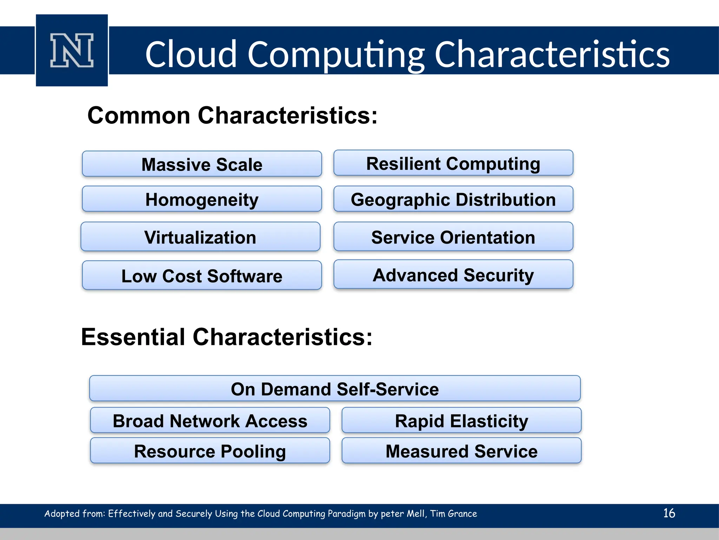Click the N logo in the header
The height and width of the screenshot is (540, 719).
pos(72,50)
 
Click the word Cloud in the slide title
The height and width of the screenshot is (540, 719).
pos(191,54)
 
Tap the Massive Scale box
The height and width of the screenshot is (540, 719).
pos(202,164)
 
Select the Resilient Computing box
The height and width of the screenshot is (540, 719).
pos(453,163)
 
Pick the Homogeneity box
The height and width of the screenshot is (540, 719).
pos(202,199)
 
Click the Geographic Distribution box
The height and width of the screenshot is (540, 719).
pos(453,199)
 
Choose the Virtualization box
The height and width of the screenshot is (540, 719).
pos(200,237)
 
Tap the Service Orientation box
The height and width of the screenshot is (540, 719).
pos(453,237)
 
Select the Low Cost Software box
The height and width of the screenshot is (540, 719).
pos(202,276)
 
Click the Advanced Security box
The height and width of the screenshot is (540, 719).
pos(453,275)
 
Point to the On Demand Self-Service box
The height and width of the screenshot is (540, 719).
pos(335,389)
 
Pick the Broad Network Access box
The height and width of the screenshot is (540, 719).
pos(210,420)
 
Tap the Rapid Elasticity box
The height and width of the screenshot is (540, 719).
pos(461,420)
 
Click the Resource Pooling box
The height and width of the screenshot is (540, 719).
pos(210,451)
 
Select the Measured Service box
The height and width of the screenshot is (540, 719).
pos(461,451)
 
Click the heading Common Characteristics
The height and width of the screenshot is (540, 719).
pos(232,115)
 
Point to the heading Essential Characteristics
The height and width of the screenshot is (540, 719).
pos(227,337)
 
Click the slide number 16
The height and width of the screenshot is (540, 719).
pos(669,513)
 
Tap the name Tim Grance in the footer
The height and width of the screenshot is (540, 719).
pos(454,514)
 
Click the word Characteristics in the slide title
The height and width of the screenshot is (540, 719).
pos(552,54)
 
